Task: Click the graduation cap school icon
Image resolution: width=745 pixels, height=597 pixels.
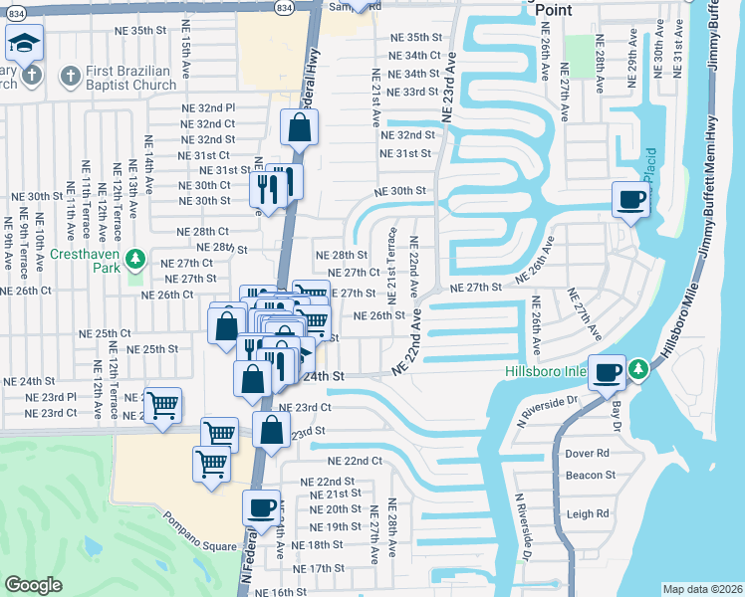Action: point(24,43)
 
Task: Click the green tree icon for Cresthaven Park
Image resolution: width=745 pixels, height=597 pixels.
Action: point(138,262)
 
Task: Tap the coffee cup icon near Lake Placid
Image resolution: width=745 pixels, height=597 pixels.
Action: point(629,199)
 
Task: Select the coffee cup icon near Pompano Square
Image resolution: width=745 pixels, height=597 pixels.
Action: point(261,506)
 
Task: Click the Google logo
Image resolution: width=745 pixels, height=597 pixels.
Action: point(33,584)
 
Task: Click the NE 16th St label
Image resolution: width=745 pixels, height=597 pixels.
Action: point(280,591)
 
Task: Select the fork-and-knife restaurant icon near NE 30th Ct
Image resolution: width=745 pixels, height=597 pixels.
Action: point(267,186)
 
